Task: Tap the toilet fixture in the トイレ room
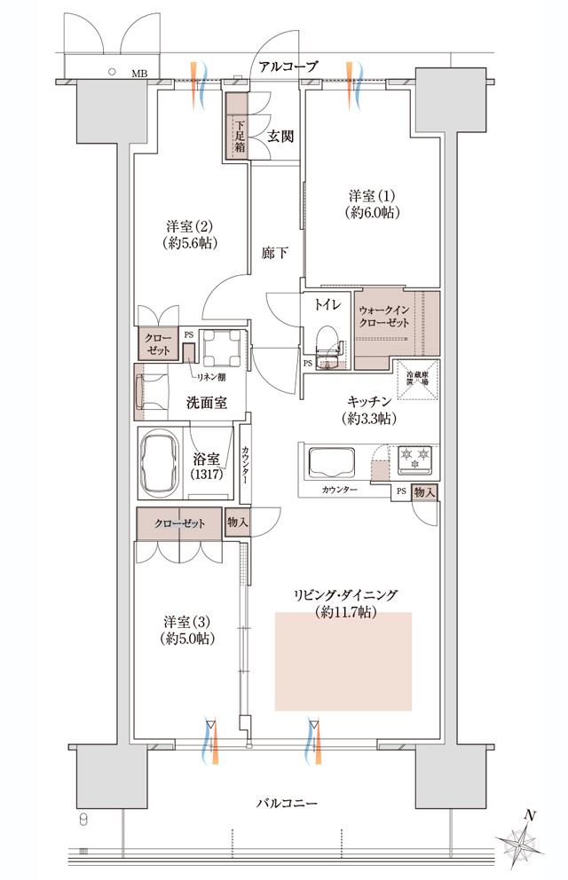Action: [x=327, y=342]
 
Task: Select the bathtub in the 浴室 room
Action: [x=162, y=460]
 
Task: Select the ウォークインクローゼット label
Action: [x=385, y=317]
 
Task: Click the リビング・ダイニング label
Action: [x=347, y=602]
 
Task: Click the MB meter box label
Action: [x=140, y=74]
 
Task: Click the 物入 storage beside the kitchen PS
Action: [x=424, y=491]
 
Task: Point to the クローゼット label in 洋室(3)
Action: [x=179, y=523]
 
